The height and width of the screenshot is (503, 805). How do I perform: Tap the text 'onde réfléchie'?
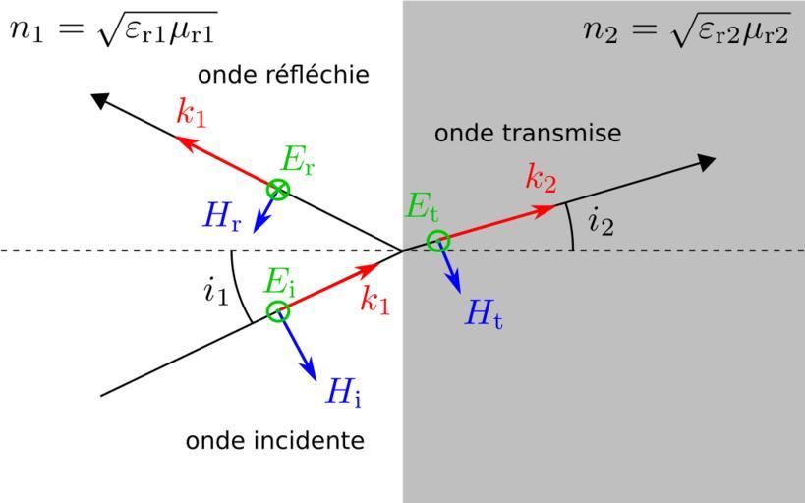tap(283, 75)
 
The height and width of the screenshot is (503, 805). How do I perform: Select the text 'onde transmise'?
tap(528, 133)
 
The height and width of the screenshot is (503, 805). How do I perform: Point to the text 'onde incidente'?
tap(275, 440)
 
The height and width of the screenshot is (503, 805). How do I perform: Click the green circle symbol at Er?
tap(279, 190)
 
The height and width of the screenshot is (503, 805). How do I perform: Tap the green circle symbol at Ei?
tap(279, 312)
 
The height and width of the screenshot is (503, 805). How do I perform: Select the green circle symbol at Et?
tap(438, 241)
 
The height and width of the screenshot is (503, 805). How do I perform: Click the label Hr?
tap(222, 218)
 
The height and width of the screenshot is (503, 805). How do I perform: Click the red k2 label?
tap(541, 179)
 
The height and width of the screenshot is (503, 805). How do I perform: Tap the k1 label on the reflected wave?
tap(192, 113)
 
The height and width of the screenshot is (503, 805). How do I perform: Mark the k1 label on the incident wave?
tap(374, 302)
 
